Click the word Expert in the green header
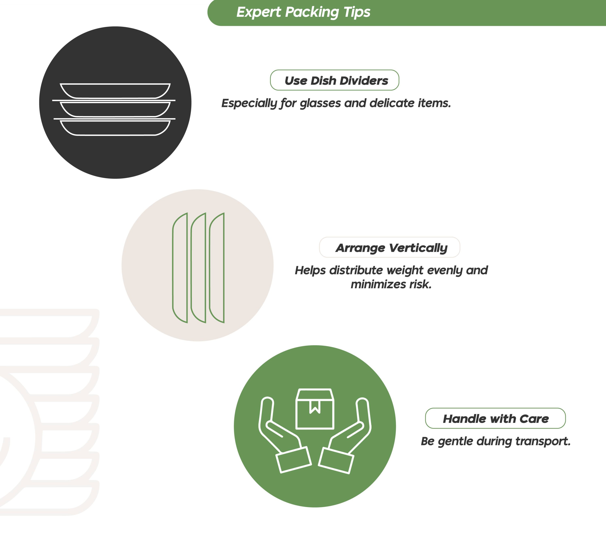pos(258,12)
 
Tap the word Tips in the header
pos(357,12)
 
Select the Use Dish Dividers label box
pos(335,80)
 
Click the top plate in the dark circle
pos(115,91)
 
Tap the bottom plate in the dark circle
pos(115,128)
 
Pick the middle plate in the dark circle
pos(115,109)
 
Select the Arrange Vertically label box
pos(389,247)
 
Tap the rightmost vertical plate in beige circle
pos(217,268)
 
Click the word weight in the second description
pos(405,270)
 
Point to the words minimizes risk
pos(391,284)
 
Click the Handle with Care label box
pos(495,418)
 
